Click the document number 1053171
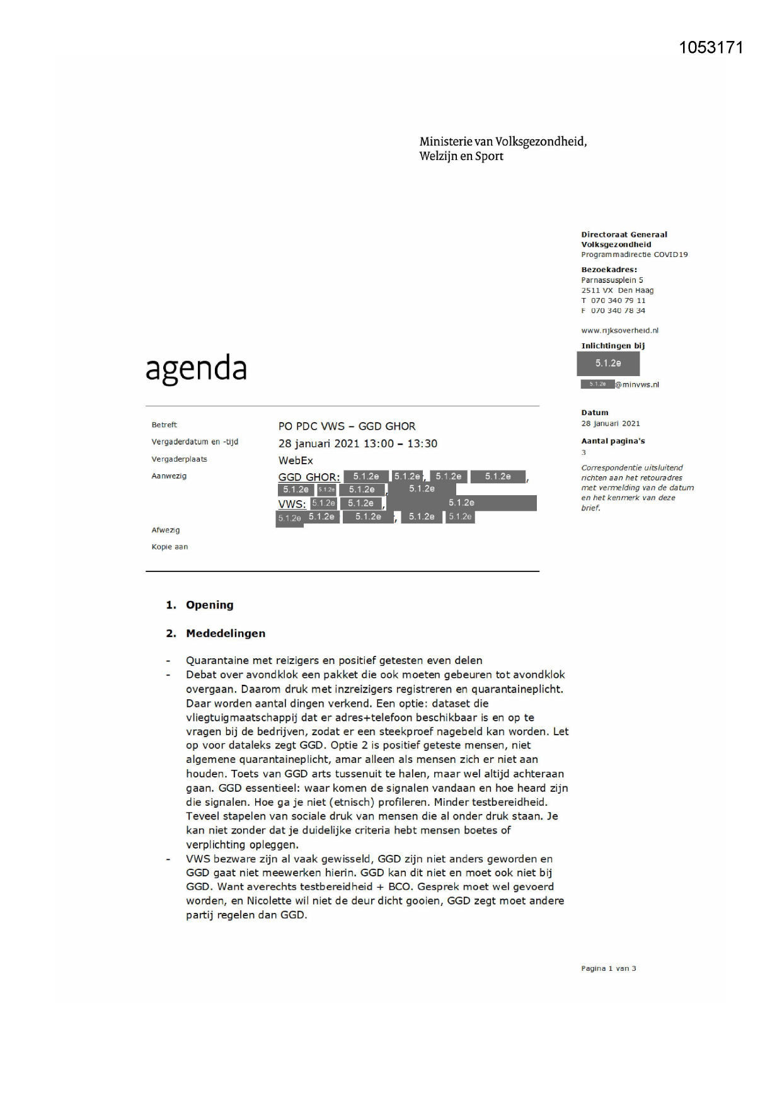[x=711, y=48]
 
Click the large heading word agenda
[x=196, y=369]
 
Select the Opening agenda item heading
[x=209, y=605]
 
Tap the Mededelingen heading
[x=226, y=633]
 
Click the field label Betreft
[x=164, y=425]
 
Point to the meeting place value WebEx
[x=296, y=461]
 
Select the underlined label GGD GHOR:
[x=309, y=477]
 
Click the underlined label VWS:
[x=292, y=504]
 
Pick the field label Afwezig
[x=166, y=530]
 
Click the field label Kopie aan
[x=170, y=547]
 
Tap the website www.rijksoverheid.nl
[x=619, y=330]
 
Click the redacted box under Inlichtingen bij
[x=608, y=364]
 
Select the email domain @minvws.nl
[x=637, y=384]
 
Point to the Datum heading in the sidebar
[x=595, y=413]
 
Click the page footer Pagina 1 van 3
[x=608, y=968]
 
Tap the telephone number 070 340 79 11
[x=618, y=301]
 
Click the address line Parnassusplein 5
[x=612, y=280]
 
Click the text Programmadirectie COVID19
[x=634, y=255]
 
